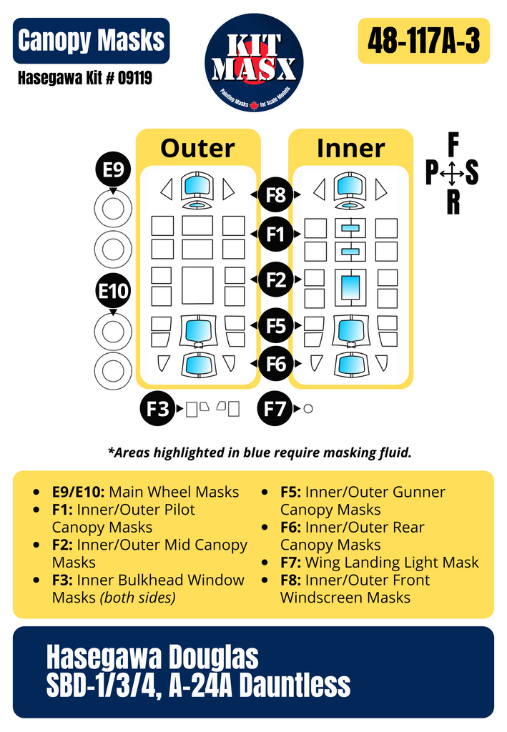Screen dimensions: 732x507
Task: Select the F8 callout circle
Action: click(x=276, y=194)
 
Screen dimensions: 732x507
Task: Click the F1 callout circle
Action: click(x=276, y=234)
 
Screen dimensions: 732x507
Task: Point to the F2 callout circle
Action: click(x=276, y=280)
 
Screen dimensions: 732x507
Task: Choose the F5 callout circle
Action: click(x=276, y=326)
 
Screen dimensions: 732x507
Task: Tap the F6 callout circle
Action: click(x=276, y=365)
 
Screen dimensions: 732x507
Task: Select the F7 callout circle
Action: click(x=275, y=409)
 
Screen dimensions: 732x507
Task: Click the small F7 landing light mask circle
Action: click(x=308, y=409)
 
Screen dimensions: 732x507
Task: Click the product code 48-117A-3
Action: click(x=423, y=41)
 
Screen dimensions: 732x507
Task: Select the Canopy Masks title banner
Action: click(x=91, y=41)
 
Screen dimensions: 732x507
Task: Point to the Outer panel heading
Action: click(x=197, y=148)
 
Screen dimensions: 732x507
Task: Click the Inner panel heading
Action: click(x=350, y=148)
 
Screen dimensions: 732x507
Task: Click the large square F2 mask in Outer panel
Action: click(x=197, y=285)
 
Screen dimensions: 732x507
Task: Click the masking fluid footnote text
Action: click(x=260, y=452)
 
